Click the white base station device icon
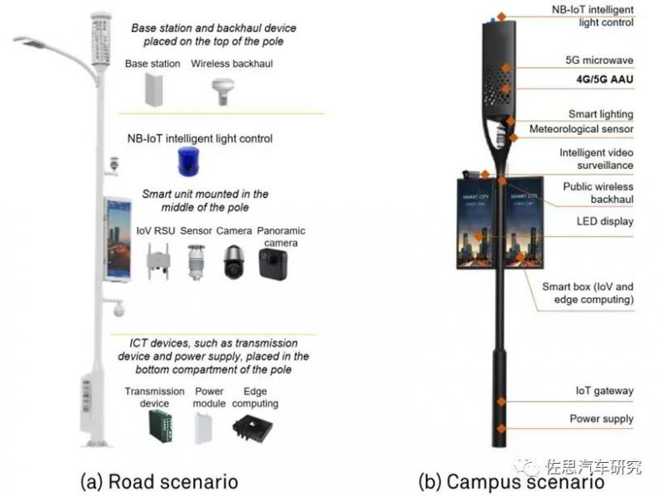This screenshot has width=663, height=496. tap(155, 89)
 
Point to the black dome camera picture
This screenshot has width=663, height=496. tap(232, 262)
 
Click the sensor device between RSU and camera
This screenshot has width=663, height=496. tap(196, 262)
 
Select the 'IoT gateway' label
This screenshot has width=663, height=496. tap(604, 390)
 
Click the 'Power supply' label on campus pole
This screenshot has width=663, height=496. tap(601, 419)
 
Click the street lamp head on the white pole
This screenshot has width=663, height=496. tap(33, 41)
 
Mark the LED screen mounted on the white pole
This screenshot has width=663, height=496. tap(116, 238)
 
